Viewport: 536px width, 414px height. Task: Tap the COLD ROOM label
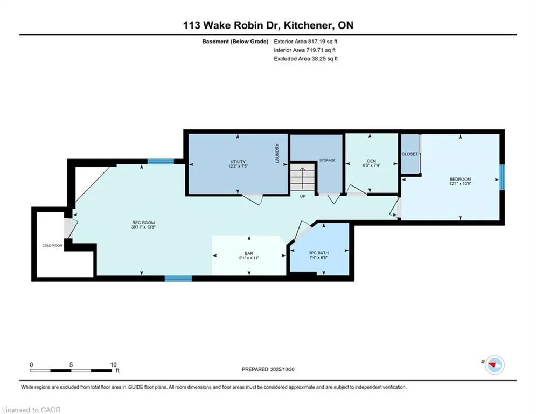pos(52,245)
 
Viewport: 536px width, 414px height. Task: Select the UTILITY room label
pos(238,162)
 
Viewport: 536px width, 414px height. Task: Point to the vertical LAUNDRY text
pos(277,154)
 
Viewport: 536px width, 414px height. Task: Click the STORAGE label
pos(327,160)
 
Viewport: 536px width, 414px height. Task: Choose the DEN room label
pos(371,160)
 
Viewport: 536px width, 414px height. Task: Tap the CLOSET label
pos(410,154)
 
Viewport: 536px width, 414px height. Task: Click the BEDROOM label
pos(461,180)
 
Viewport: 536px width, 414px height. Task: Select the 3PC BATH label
pos(318,252)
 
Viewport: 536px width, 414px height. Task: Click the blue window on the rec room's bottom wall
pos(178,279)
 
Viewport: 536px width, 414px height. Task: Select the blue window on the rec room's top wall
pos(161,161)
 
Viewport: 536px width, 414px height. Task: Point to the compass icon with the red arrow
pos(493,365)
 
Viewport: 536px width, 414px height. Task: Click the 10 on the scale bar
pos(113,365)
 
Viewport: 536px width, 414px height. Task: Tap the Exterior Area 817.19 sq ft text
pos(305,41)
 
